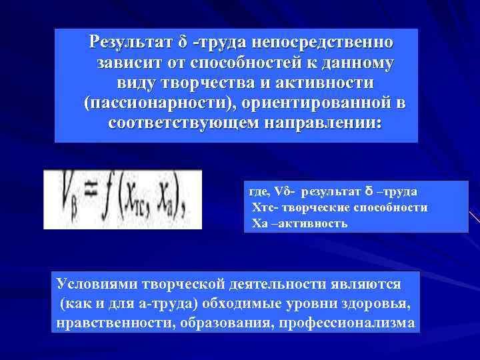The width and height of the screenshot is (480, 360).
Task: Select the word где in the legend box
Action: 257,192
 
